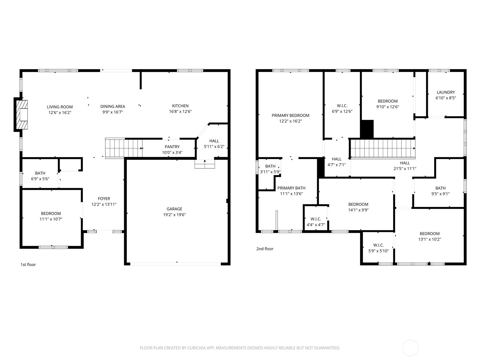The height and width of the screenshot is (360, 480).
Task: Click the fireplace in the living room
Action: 22,115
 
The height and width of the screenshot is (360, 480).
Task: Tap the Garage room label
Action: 174,209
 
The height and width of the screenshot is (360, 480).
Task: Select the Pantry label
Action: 172,147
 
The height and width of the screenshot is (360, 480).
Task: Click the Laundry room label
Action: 446,92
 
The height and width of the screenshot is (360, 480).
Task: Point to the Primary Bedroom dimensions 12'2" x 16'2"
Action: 290,121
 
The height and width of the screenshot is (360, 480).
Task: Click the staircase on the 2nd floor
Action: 383,148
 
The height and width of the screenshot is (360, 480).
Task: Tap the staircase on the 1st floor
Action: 124,148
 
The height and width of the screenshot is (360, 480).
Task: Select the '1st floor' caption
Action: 28,265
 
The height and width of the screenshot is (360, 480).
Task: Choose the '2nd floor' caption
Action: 265,249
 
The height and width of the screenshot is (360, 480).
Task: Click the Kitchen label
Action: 180,106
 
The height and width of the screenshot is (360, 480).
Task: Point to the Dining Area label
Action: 112,106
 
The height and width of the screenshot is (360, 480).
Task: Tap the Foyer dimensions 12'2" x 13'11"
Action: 104,204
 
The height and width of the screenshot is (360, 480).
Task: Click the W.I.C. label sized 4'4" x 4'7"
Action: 316,219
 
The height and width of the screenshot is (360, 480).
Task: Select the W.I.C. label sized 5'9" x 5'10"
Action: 378,245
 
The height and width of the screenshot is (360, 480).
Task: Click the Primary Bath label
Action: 291,188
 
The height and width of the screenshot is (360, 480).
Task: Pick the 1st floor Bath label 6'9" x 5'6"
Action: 40,173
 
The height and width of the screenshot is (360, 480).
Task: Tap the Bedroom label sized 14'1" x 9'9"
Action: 358,204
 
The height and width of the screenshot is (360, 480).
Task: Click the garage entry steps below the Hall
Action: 205,164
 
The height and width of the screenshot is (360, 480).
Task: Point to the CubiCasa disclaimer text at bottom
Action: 240,348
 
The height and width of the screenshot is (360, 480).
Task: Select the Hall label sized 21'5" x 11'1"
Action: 405,163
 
